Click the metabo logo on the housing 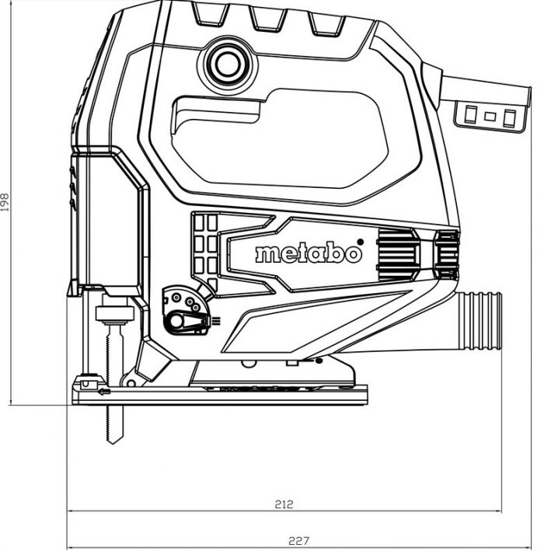click(309, 254)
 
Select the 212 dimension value click(284, 504)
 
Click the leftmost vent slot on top click(209, 16)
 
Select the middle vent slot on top click(268, 20)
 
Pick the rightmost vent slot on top click(326, 24)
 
